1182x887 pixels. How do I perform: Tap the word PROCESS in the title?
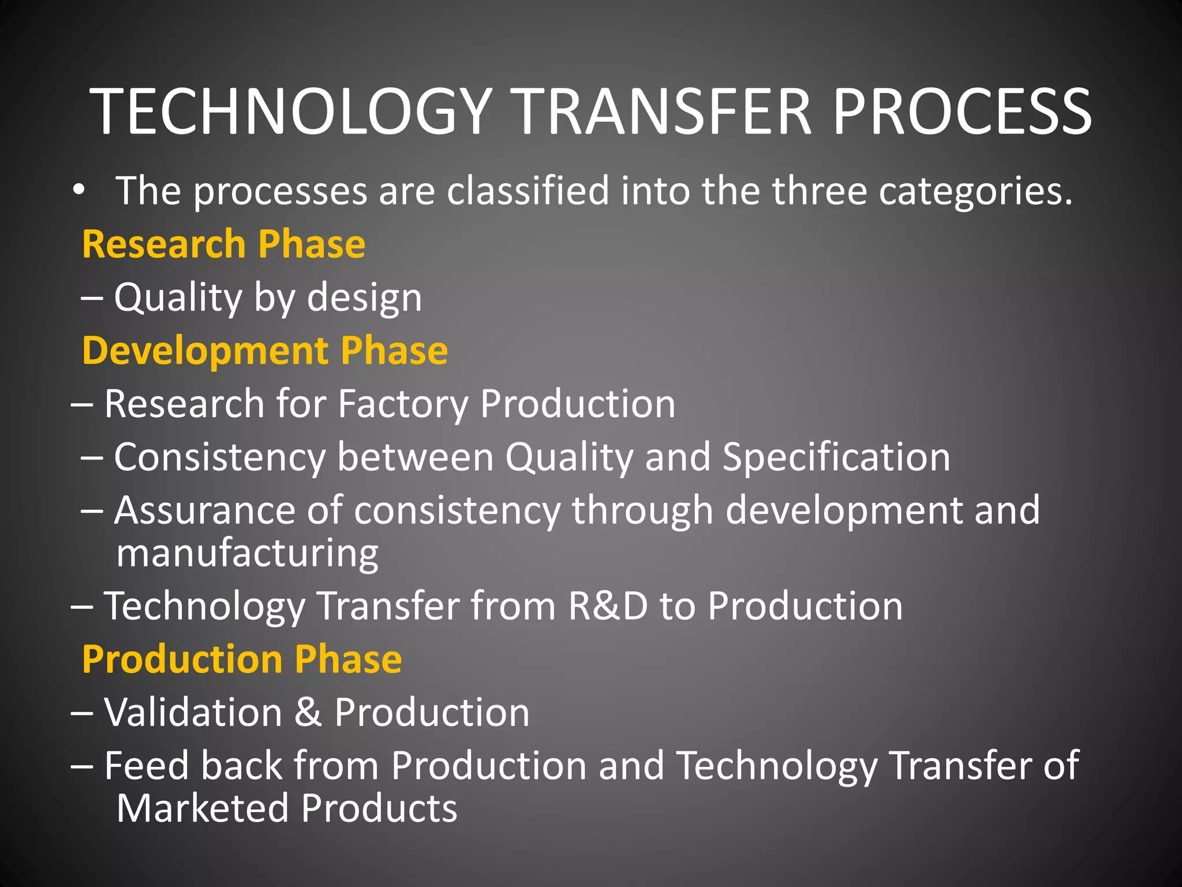(x=962, y=111)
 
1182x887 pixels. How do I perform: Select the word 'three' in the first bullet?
(x=820, y=191)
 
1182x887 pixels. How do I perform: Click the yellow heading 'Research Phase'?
(x=223, y=244)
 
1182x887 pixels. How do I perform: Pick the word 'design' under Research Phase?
(x=364, y=299)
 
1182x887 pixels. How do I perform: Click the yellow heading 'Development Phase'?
(x=265, y=351)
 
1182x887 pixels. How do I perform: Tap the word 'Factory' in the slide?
(x=403, y=404)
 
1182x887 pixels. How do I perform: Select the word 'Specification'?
(x=836, y=457)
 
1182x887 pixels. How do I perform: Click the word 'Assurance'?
(x=204, y=510)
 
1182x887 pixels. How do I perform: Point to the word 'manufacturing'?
(x=247, y=554)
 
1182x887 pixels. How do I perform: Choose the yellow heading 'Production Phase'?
(x=242, y=659)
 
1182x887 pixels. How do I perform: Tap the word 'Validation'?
(x=193, y=713)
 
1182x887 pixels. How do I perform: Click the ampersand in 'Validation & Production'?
(x=308, y=713)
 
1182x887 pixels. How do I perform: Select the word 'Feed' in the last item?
(x=147, y=766)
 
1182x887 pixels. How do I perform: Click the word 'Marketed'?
(x=202, y=808)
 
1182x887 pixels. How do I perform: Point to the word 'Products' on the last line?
(x=379, y=808)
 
